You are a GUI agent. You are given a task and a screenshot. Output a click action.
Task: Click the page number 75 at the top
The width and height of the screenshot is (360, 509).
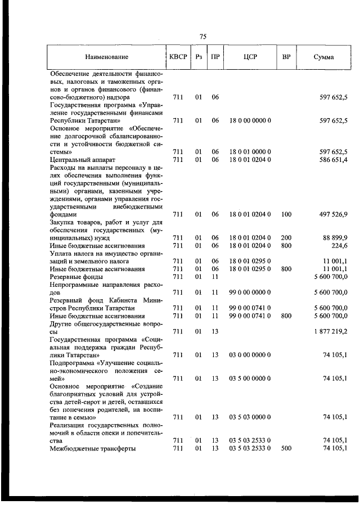point(203,37)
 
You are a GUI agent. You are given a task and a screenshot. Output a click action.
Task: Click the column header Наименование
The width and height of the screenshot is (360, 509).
point(106,57)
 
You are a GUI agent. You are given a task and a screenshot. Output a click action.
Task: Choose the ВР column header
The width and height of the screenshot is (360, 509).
point(286,57)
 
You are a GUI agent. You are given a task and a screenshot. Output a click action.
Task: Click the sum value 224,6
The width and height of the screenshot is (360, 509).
point(339,246)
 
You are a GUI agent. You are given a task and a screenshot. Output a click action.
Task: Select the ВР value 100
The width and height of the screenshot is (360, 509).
point(286,214)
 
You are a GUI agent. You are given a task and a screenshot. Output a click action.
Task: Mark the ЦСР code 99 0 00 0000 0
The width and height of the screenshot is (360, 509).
point(250,292)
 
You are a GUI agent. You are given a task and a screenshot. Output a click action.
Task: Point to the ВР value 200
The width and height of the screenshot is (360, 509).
point(286,238)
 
